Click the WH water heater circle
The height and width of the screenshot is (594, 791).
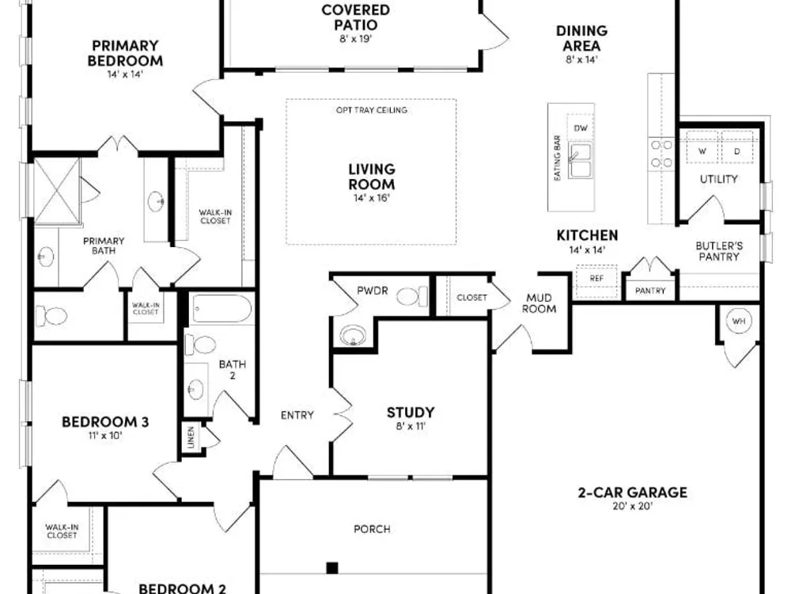coord(739,321)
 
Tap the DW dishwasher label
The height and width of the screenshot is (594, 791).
coord(581,128)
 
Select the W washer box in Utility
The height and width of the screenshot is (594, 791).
coord(702,147)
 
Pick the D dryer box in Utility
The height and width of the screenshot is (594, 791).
coord(737,147)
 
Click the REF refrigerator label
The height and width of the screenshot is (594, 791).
coord(596,278)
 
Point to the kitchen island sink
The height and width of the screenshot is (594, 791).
coord(581,160)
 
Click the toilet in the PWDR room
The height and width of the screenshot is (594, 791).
coord(411,296)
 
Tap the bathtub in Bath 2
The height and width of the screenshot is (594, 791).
coord(222,308)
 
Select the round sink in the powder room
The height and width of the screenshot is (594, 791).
coord(353,335)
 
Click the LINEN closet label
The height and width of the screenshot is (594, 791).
coord(191,437)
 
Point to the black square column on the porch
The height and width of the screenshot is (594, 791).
coord(332,568)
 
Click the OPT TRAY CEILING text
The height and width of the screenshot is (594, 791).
coord(372,110)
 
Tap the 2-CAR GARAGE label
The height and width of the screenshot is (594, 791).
coord(633,493)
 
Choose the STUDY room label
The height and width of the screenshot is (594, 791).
coord(411,413)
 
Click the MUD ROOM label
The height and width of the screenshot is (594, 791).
coord(539,303)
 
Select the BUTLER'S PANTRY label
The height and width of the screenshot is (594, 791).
coord(719,251)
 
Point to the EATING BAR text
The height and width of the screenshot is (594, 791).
coord(558,158)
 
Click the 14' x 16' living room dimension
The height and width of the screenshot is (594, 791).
coord(372,198)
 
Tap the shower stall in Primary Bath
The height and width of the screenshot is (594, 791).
coord(57,190)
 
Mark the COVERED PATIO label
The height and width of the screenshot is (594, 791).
coord(356,17)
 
